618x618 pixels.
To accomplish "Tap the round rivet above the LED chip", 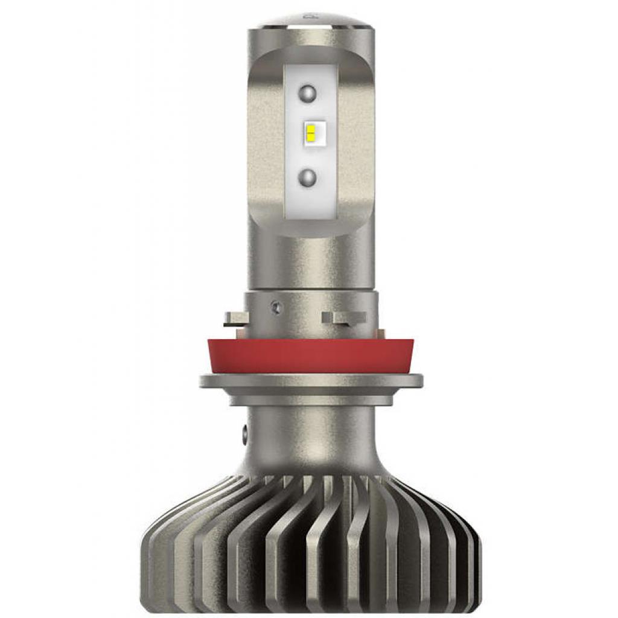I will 308,94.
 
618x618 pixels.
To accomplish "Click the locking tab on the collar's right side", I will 344,317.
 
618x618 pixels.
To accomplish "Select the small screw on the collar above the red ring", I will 276,307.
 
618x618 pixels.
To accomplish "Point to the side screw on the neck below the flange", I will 246,433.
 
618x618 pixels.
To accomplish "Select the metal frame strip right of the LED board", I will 356,145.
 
